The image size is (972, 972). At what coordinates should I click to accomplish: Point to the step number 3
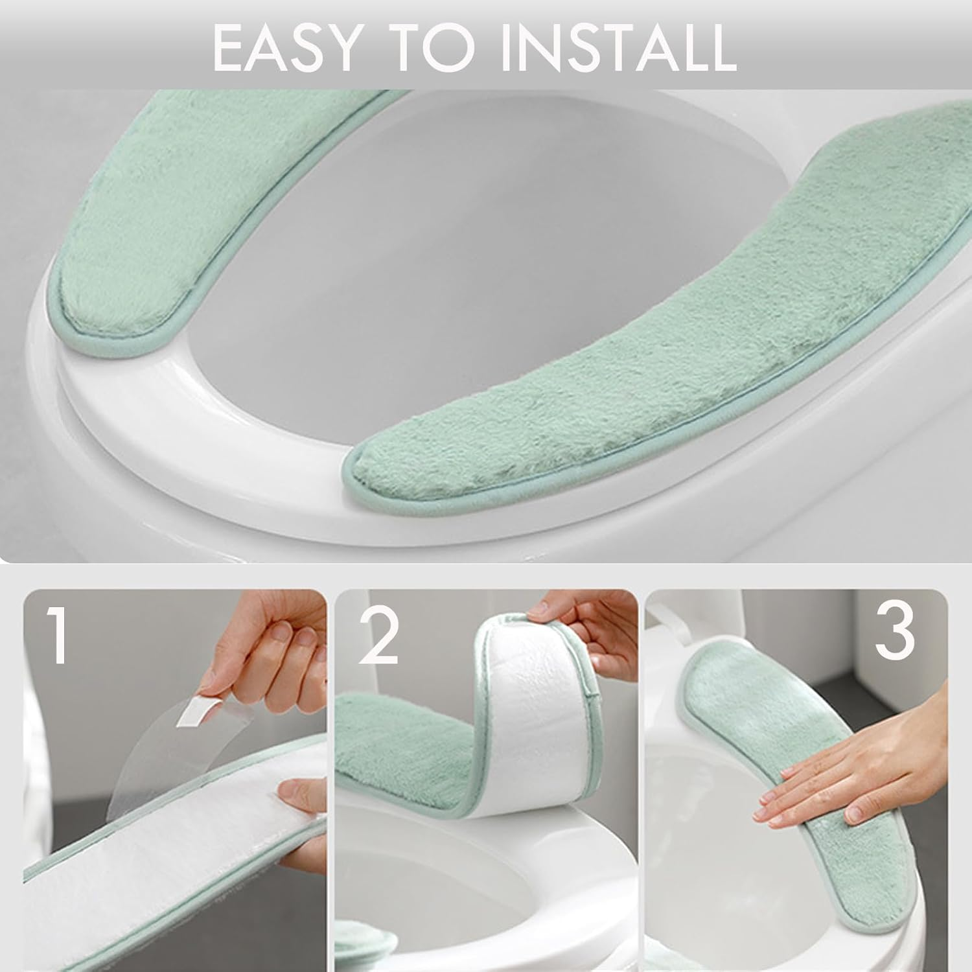click(x=894, y=632)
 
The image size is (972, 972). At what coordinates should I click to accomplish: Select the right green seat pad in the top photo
click(x=648, y=343)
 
